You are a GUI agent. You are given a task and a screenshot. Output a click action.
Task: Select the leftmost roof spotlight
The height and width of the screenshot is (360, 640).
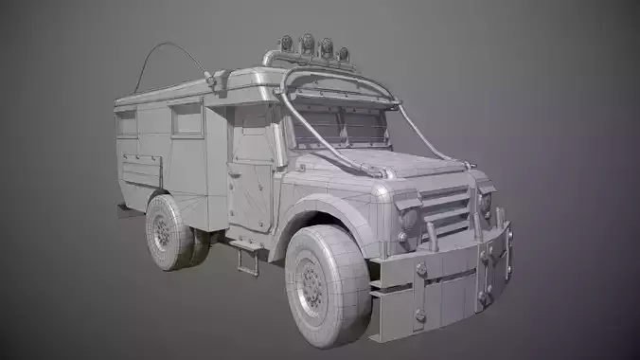(285, 45)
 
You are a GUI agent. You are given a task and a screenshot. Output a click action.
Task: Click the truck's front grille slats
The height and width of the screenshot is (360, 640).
(444, 208)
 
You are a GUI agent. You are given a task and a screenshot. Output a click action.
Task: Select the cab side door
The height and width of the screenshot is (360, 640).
(250, 171)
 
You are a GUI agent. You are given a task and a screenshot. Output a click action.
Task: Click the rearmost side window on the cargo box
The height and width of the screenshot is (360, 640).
(126, 123)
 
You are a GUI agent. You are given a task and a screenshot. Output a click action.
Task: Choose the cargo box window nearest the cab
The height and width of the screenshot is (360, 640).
(187, 119)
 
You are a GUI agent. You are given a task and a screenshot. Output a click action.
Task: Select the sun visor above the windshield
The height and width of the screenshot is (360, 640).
(336, 97)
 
